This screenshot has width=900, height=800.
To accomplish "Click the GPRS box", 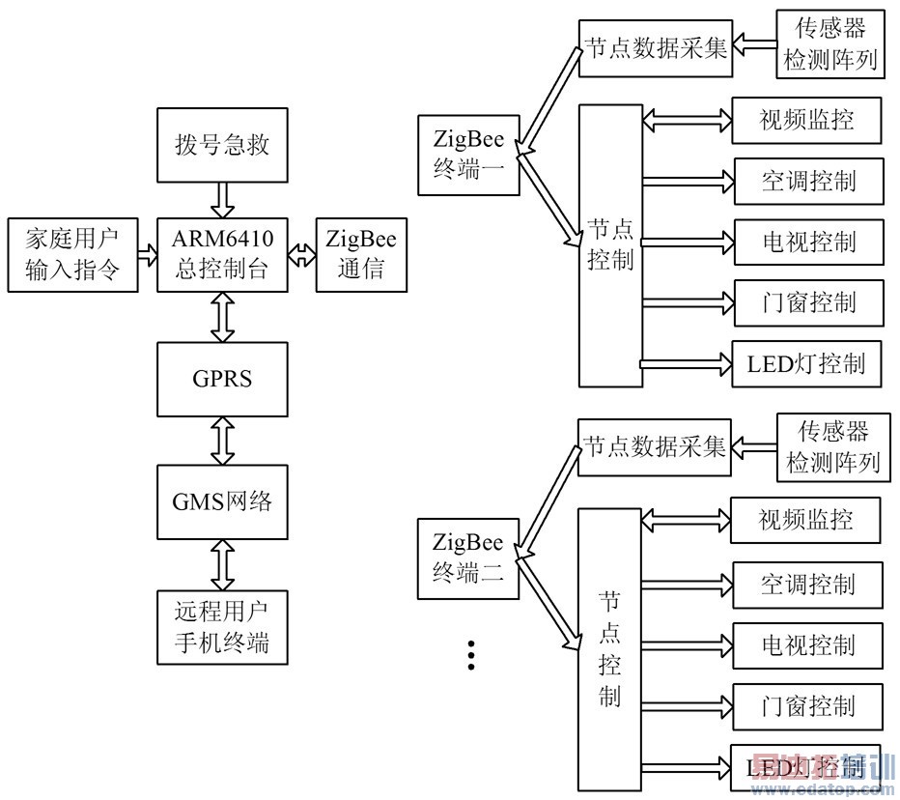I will pyautogui.click(x=222, y=378).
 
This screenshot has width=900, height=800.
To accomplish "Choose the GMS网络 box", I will pyautogui.click(x=222, y=502).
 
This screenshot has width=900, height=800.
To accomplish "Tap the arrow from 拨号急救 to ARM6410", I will pyautogui.click(x=222, y=200).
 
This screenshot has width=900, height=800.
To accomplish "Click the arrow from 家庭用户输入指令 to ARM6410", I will pyautogui.click(x=147, y=255).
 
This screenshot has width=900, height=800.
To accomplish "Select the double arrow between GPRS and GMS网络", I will pyautogui.click(x=222, y=440).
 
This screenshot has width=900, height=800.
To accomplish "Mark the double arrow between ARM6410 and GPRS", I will pyautogui.click(x=222, y=316).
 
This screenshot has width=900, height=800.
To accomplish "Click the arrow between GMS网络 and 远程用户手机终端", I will pyautogui.click(x=222, y=565).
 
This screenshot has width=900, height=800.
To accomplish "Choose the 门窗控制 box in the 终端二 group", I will pyautogui.click(x=807, y=705).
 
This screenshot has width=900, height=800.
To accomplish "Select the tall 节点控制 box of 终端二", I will pyautogui.click(x=609, y=649).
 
